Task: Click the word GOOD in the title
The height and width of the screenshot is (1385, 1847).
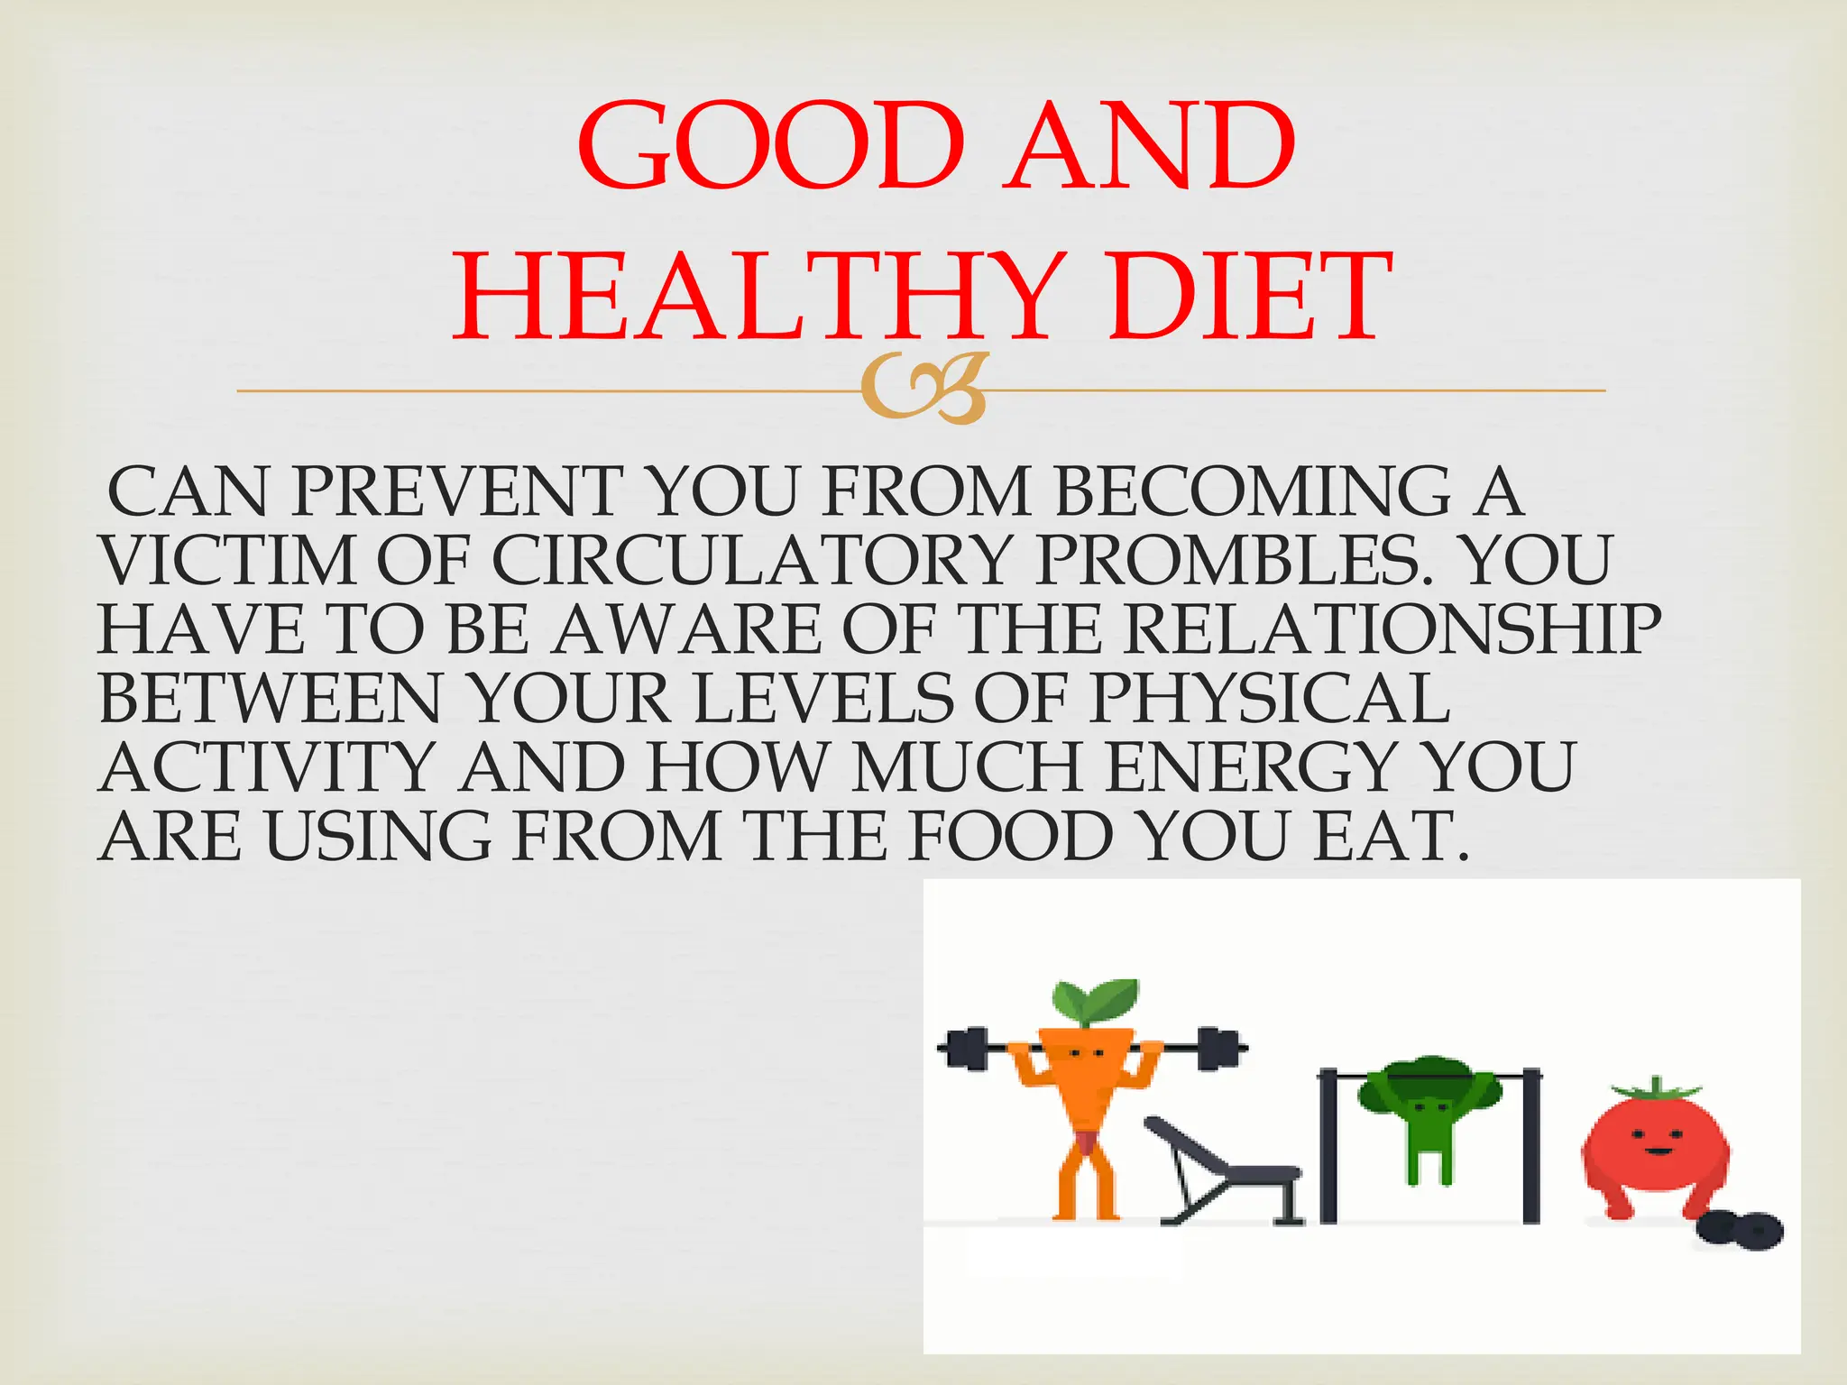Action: [772, 146]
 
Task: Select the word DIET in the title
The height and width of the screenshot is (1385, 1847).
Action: [1251, 298]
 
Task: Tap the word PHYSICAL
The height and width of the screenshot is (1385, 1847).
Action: [1270, 699]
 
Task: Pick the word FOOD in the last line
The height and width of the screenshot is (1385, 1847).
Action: [1010, 837]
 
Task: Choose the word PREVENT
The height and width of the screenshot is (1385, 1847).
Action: [456, 492]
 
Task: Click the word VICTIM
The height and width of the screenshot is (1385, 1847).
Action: [227, 561]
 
